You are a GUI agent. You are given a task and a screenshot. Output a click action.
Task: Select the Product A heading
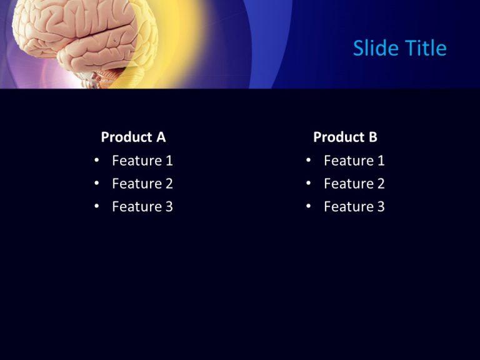click(x=133, y=137)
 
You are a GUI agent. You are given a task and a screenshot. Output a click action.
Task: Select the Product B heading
click(x=345, y=137)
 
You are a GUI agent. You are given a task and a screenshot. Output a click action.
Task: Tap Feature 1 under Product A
click(x=142, y=161)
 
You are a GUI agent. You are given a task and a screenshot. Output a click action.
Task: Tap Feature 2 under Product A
click(x=142, y=184)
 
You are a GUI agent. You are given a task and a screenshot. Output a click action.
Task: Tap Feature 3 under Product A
click(x=142, y=207)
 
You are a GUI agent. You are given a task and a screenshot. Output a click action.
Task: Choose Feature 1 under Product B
click(x=354, y=161)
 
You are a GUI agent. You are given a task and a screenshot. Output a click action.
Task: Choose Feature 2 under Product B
click(x=354, y=184)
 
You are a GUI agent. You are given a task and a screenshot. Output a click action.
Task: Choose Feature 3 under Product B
click(x=354, y=207)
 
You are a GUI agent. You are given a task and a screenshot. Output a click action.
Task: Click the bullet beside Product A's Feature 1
click(x=96, y=161)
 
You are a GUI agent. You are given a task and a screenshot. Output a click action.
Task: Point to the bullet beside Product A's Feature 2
click(x=96, y=184)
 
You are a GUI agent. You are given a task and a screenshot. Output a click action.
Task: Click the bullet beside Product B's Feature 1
click(x=308, y=161)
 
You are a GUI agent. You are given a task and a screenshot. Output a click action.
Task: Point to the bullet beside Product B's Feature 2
click(x=308, y=184)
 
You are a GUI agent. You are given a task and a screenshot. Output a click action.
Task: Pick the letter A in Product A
click(x=161, y=137)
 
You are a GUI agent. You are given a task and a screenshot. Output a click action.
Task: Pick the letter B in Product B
click(x=372, y=137)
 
